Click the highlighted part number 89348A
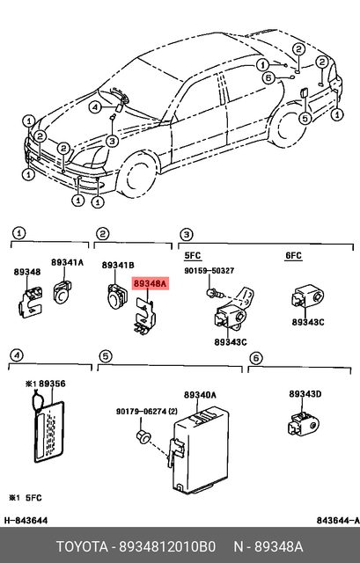coord(147,284)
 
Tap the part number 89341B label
coord(117,265)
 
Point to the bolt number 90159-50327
coord(209,271)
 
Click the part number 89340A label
coord(201,396)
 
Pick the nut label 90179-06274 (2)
coord(144,411)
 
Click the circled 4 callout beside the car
coord(95,107)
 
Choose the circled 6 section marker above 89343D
coord(255,357)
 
